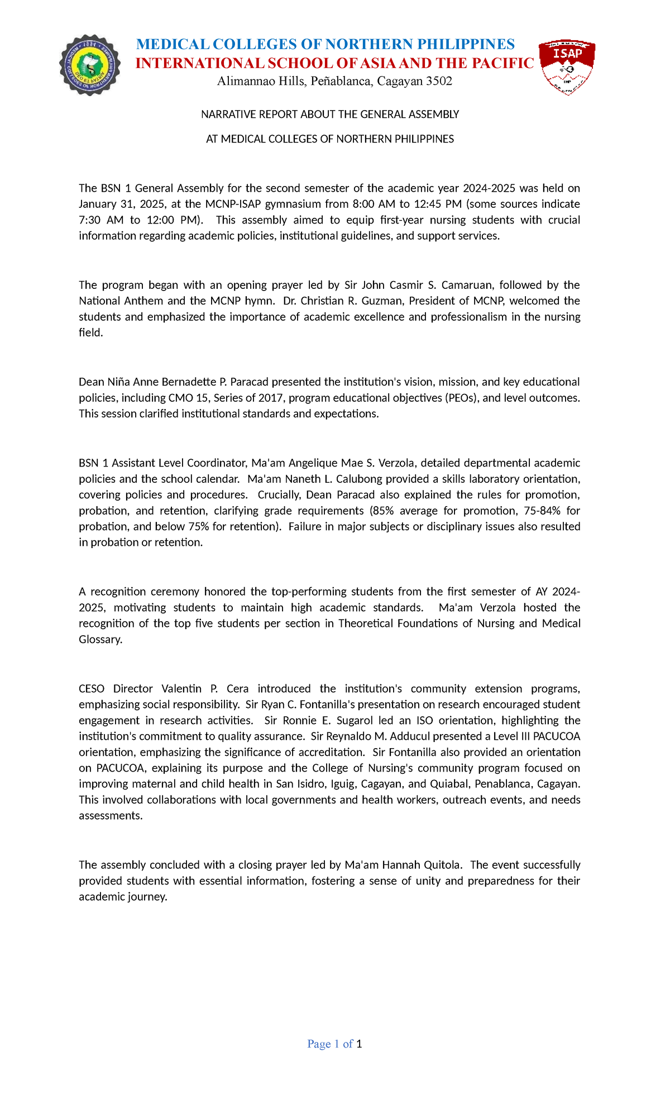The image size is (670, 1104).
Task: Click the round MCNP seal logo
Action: point(90,66)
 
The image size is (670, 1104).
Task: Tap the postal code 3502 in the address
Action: point(439,82)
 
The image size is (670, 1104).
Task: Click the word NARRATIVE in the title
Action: point(226,115)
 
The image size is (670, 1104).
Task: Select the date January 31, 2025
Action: point(116,204)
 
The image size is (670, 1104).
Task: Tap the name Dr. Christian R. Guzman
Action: point(344,301)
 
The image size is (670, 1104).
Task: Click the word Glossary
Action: point(100,640)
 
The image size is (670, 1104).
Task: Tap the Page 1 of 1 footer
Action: point(334,1044)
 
